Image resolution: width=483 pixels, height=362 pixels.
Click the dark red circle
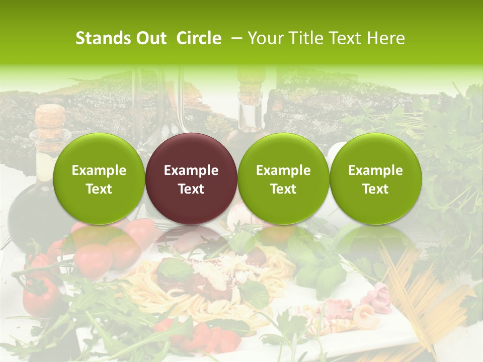(191, 178)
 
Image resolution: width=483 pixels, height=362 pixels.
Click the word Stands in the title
(101, 38)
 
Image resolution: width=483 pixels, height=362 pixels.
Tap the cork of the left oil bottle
(50, 121)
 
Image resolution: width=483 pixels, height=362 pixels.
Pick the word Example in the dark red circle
(191, 170)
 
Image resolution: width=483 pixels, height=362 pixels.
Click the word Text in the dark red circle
(191, 189)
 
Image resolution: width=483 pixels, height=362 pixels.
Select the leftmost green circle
(99, 178)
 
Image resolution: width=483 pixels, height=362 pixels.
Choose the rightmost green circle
(376, 178)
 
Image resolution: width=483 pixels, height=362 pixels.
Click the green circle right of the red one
(283, 178)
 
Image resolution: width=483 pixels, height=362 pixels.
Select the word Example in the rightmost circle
(376, 170)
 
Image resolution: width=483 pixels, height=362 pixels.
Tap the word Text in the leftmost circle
(99, 189)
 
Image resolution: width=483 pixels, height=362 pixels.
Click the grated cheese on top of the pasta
(214, 271)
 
